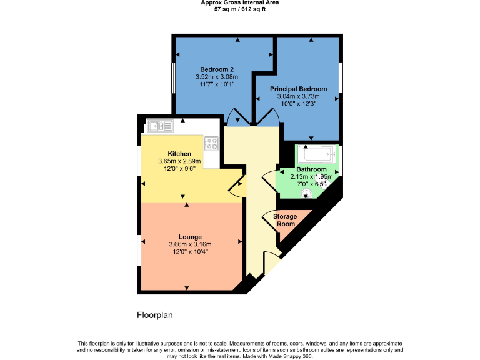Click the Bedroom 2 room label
tap(217, 69)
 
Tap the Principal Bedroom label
tap(298, 89)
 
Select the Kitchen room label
tap(179, 154)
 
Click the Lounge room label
tap(190, 237)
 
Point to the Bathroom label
tap(311, 169)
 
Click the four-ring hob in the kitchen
tap(211, 144)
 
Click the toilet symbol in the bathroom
tap(305, 194)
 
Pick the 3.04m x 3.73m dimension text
tap(298, 96)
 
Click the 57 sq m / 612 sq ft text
tap(239, 9)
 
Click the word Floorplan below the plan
tap(154, 316)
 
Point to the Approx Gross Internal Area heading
tap(240, 3)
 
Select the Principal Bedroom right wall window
tap(341, 76)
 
